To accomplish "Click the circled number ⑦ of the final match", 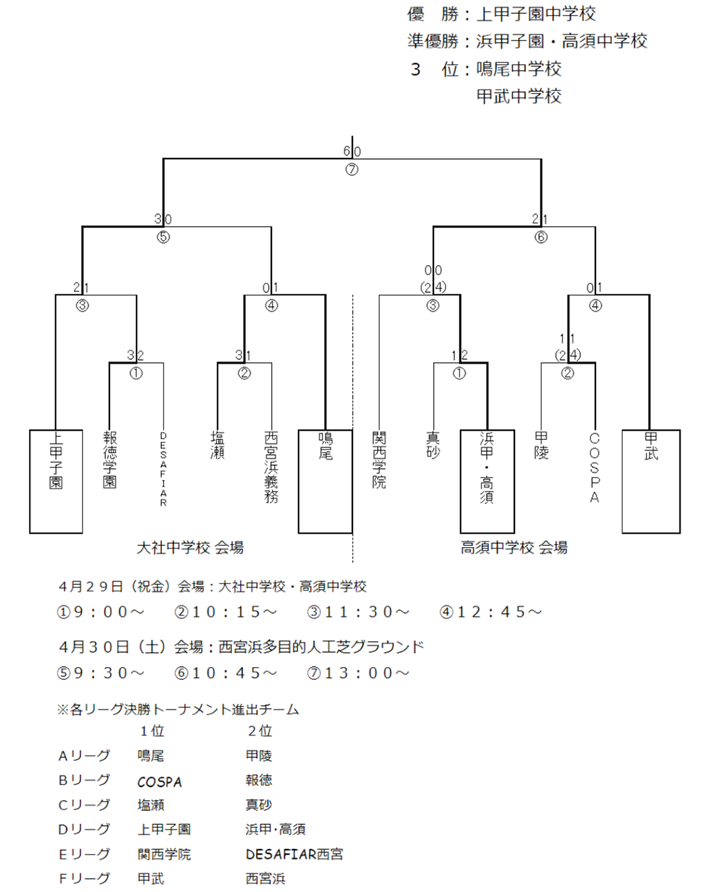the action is point(352,170).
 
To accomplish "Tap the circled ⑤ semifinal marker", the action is point(164,238).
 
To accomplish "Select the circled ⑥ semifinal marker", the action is point(541,238).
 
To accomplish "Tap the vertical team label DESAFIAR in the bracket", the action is point(164,469).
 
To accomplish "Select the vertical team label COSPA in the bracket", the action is point(594,468).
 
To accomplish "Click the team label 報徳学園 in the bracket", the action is point(110,460).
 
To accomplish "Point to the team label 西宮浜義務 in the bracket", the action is point(271,467).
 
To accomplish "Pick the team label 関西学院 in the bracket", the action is point(379,460).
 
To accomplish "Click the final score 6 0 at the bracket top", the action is point(352,151).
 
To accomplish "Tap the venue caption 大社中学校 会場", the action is point(190,548).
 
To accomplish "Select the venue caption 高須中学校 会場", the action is point(514,548).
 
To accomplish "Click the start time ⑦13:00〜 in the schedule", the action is point(358,673).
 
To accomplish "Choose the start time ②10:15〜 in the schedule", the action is point(226,612).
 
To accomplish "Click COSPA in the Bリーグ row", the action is point(160,782).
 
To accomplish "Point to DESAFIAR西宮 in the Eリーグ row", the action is point(294,855).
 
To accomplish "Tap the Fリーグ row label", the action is point(84,879).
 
